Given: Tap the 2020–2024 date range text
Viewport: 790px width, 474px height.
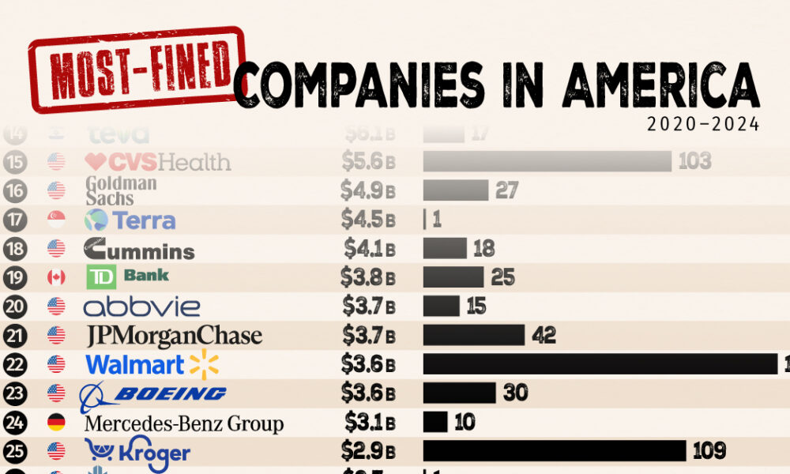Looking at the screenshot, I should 703,125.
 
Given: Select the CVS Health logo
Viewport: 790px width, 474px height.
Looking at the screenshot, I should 158,163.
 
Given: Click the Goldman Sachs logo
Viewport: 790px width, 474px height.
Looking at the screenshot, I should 120,190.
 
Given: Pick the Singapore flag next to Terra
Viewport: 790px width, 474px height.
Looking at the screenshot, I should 56,220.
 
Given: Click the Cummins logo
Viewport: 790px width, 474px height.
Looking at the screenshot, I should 139,250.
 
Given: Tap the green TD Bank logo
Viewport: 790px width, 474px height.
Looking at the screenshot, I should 126,276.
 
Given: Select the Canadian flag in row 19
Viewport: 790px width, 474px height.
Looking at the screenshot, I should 56,277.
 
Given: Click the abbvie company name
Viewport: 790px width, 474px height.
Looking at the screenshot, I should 141,306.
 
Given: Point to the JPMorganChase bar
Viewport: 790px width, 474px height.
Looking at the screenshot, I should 473,335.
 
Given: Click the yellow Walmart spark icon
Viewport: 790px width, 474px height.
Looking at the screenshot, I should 203,364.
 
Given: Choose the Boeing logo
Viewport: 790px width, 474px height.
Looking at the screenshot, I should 153,394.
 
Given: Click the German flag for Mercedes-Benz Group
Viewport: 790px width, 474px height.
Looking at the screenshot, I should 56,422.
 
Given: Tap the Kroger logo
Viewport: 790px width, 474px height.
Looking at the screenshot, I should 137,451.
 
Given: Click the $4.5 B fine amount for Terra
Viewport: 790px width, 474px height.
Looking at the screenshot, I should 368,220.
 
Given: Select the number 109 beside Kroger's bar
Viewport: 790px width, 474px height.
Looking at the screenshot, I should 709,451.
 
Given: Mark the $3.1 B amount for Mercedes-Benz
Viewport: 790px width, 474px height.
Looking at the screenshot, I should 369,422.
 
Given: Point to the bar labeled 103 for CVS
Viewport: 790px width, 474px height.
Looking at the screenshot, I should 546,161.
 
